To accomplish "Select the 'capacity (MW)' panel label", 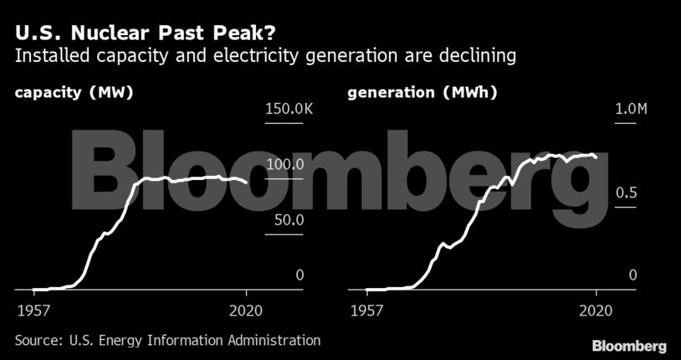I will [74, 93].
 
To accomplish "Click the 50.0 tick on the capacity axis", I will [289, 220].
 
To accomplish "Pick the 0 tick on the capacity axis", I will [299, 275].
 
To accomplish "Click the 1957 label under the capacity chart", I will [33, 311].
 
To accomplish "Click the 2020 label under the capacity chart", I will [246, 311].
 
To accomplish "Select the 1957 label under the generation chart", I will [366, 311].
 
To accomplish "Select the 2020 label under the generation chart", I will [596, 311].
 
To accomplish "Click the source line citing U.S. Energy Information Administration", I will [167, 340].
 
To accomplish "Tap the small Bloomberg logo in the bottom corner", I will [629, 346].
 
